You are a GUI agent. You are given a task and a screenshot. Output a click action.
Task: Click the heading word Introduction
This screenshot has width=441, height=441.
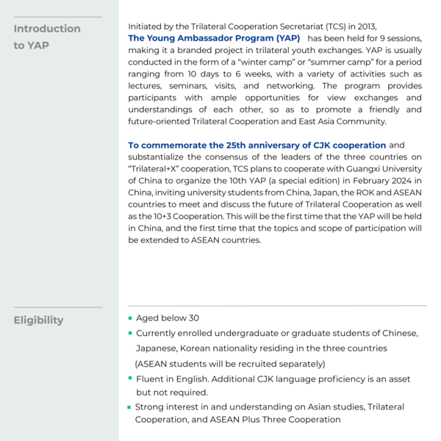click(47, 29)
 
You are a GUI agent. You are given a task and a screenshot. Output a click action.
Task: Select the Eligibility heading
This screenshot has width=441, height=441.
click(38, 320)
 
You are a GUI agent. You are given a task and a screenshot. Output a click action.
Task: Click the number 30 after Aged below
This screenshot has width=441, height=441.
click(193, 318)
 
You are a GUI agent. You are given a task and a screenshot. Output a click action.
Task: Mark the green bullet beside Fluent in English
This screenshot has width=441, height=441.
click(130, 379)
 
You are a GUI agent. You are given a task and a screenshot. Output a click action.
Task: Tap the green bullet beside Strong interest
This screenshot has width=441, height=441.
click(130, 406)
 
